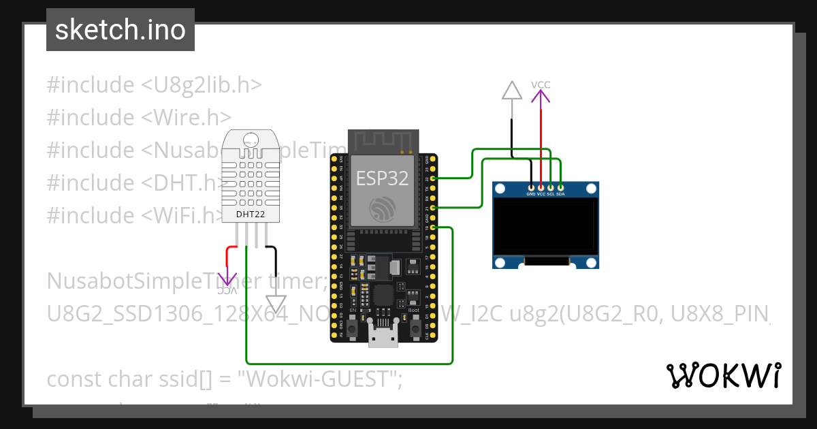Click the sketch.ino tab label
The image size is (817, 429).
(x=121, y=30)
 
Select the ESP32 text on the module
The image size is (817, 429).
(x=382, y=178)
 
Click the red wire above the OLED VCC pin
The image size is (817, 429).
(x=541, y=143)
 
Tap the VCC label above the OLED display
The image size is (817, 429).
(x=541, y=84)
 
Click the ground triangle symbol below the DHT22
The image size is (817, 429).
(x=276, y=302)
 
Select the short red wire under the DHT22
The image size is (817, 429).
(x=227, y=256)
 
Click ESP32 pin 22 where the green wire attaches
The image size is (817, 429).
(x=433, y=178)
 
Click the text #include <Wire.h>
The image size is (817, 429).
(x=139, y=117)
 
